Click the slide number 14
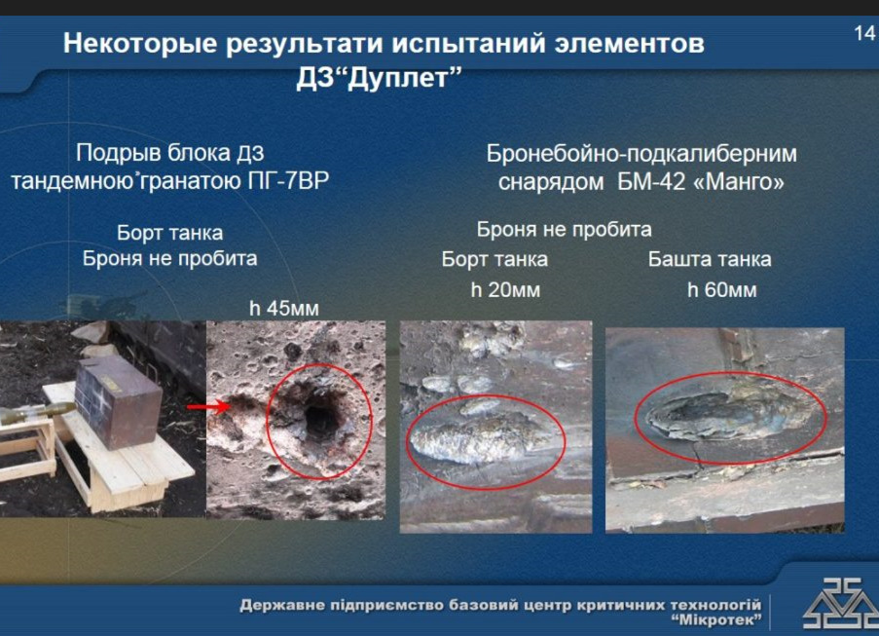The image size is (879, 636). pyautogui.click(x=864, y=34)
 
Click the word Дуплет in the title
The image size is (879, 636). pyautogui.click(x=398, y=79)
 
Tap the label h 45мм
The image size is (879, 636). pyautogui.click(x=283, y=309)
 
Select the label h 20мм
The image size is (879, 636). pyautogui.click(x=505, y=290)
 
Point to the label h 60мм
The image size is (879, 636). pyautogui.click(x=722, y=290)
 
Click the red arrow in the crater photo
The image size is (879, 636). pyautogui.click(x=208, y=406)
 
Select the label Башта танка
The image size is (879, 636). pyautogui.click(x=710, y=259)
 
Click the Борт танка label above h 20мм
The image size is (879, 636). pyautogui.click(x=494, y=259)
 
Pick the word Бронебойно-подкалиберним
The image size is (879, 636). pyautogui.click(x=641, y=154)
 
